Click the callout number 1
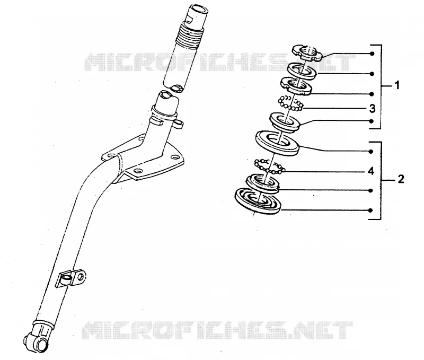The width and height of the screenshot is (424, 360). coord(396,85)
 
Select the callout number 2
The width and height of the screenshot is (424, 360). coord(401,179)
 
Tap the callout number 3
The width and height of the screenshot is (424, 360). coord(373,109)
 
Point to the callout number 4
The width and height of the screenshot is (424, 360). coord(371,171)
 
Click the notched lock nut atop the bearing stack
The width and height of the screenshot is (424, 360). coord(307,52)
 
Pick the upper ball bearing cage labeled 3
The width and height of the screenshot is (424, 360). coord(290,103)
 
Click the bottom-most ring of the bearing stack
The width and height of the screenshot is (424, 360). coord(258,201)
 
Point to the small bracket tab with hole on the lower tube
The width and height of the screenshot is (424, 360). coord(71,278)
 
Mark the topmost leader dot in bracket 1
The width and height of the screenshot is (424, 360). coord(372,54)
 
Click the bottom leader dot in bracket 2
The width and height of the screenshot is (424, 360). coord(370,210)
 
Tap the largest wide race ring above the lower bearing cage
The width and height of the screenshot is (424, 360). coord(277,143)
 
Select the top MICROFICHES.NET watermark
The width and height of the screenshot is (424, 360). coord(219,62)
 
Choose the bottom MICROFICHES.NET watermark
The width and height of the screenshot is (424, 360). coord(217,330)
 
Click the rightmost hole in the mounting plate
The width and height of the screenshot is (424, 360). coord(175,156)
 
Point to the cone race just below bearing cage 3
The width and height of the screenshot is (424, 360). coord(285,121)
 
